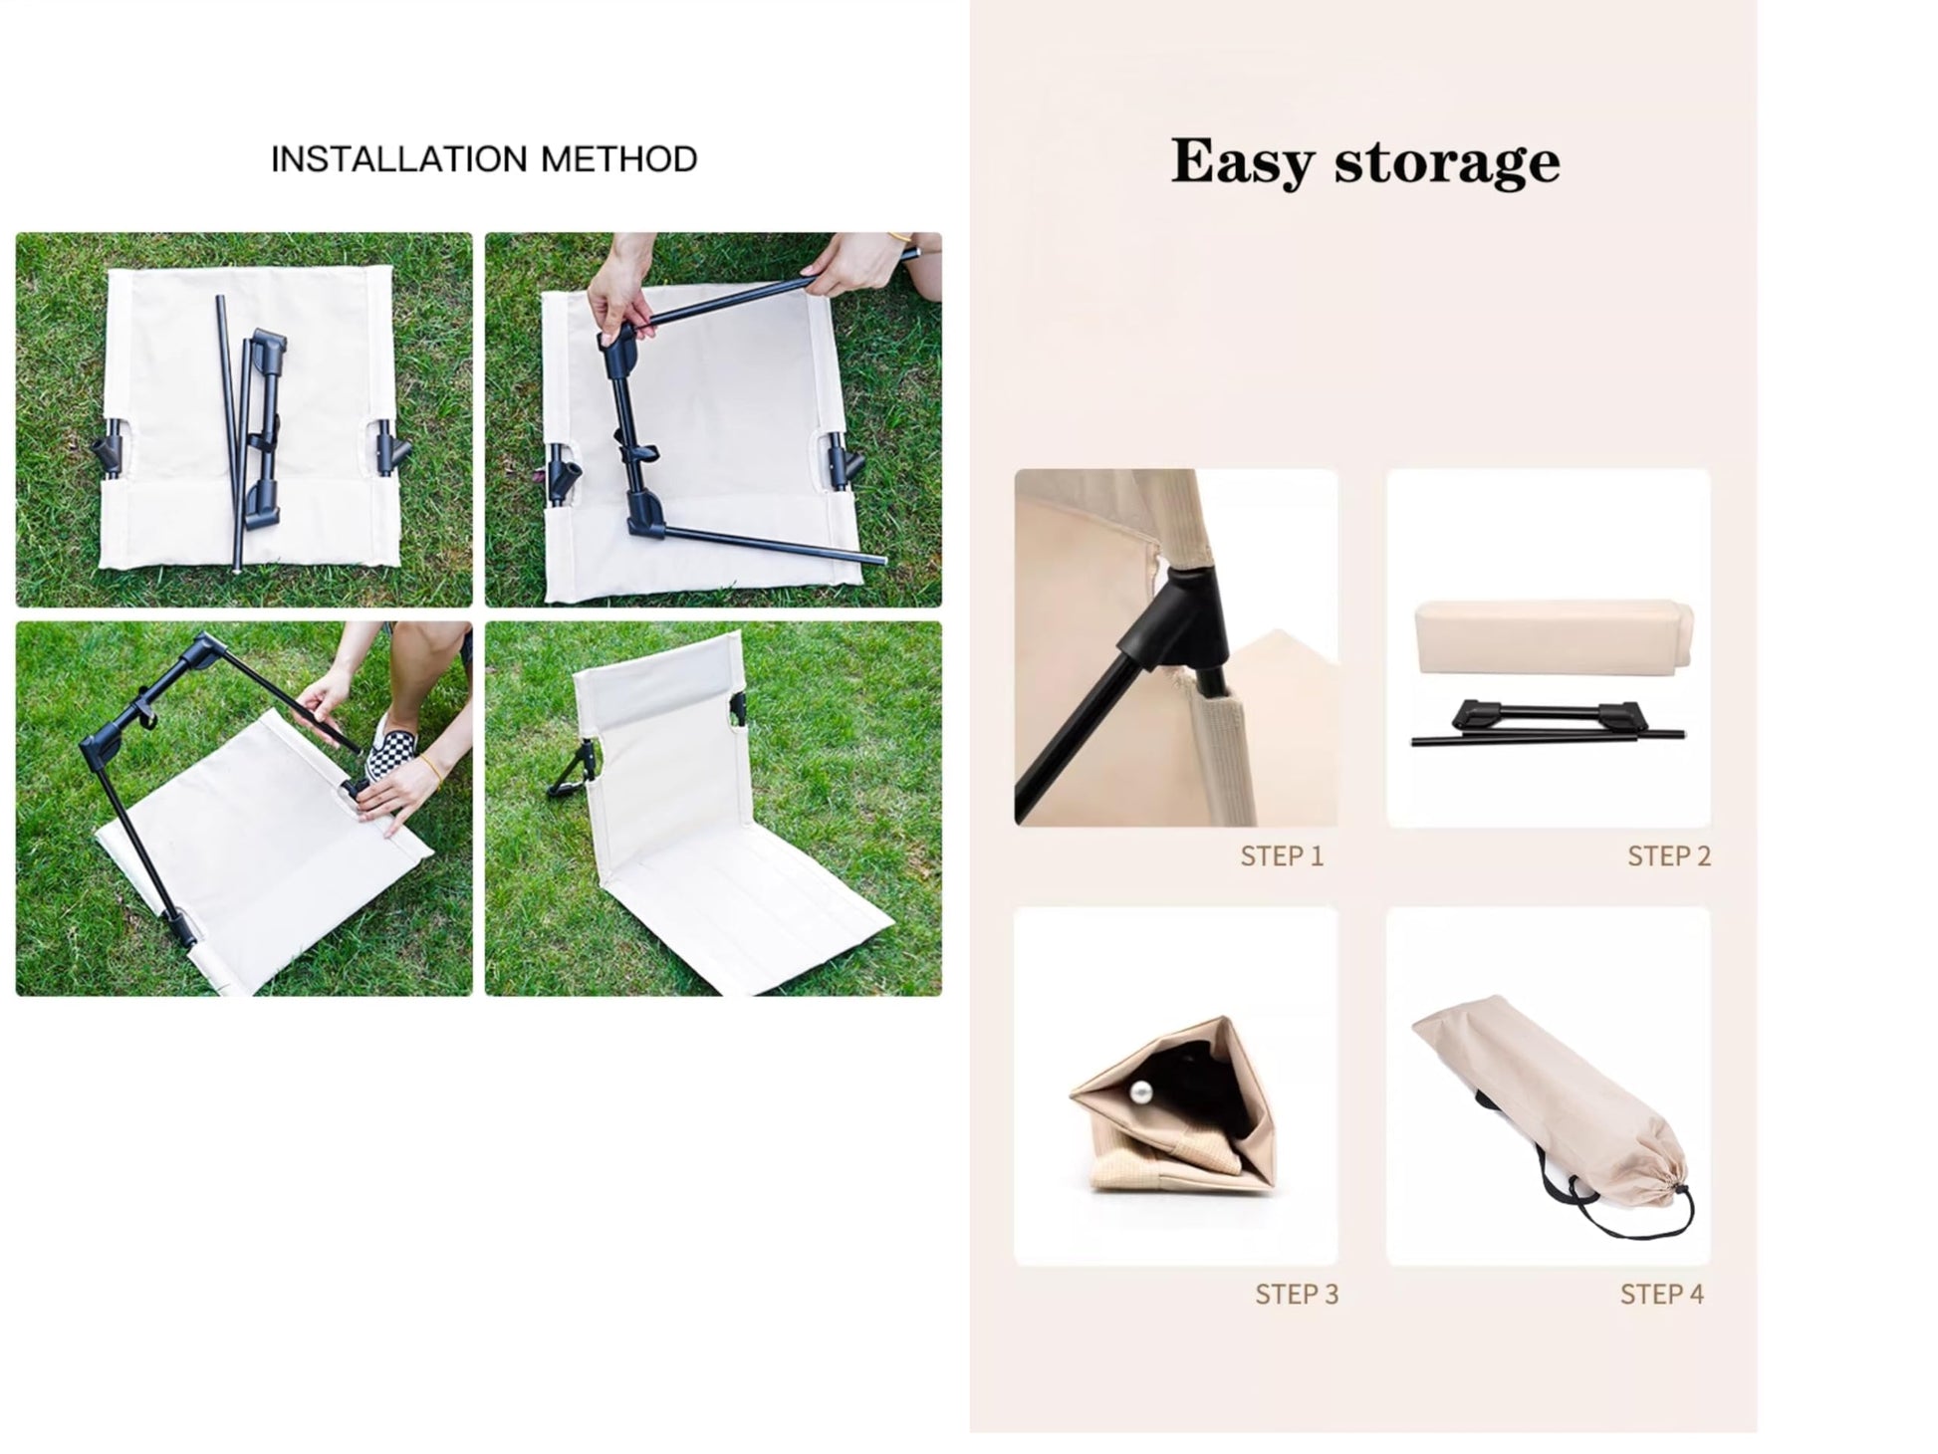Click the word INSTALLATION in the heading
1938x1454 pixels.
click(x=398, y=159)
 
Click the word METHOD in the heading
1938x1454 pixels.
click(x=618, y=159)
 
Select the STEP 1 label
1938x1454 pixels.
click(x=1282, y=856)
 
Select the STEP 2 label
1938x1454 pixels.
click(x=1669, y=856)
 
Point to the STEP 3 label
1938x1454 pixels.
click(x=1297, y=1295)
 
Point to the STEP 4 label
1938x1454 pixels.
click(x=1662, y=1295)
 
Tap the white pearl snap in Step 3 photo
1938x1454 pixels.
click(x=1141, y=1093)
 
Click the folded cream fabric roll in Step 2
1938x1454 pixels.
click(x=1553, y=636)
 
